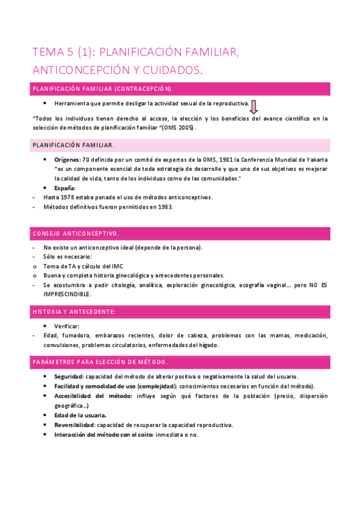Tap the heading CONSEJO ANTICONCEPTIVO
76,233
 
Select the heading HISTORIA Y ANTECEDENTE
74,312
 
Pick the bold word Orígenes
66,160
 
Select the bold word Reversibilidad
75,425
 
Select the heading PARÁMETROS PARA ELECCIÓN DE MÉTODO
100,362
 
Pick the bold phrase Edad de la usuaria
80,416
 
